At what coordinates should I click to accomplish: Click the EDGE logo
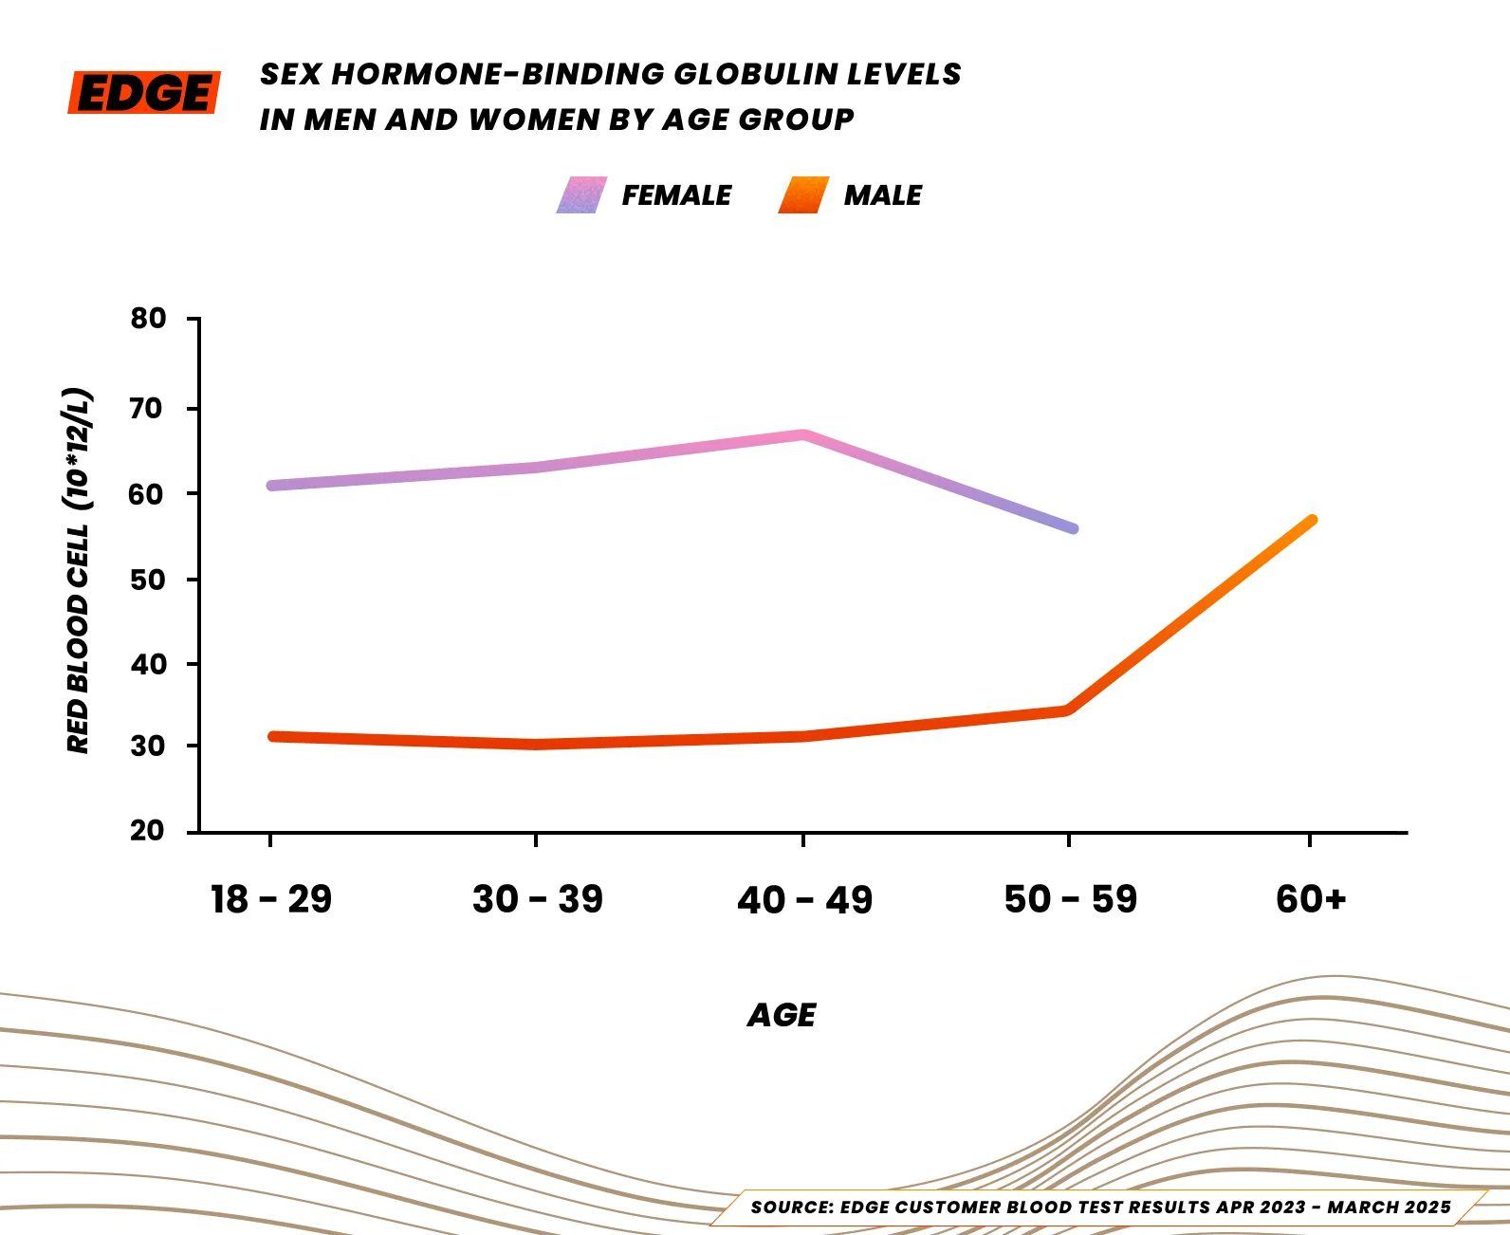click(144, 93)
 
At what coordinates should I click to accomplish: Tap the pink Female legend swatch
click(581, 195)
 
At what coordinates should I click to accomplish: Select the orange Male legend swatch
click(803, 195)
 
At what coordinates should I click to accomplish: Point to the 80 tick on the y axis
click(148, 319)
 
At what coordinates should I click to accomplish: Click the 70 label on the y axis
click(148, 409)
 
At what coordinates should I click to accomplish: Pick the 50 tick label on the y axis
click(148, 580)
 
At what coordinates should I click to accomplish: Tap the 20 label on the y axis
click(148, 831)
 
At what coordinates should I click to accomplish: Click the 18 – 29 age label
click(271, 899)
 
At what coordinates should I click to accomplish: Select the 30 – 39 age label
click(538, 899)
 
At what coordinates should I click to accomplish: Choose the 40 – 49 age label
click(804, 899)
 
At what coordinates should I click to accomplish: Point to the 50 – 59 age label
click(1070, 899)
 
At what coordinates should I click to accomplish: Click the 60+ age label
click(1311, 899)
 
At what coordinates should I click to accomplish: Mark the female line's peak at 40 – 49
click(803, 435)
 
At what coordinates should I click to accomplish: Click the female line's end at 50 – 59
click(1073, 528)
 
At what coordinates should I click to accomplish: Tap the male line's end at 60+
click(1312, 520)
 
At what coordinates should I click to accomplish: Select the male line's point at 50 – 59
click(1068, 710)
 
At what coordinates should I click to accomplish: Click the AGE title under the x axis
click(782, 1016)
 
